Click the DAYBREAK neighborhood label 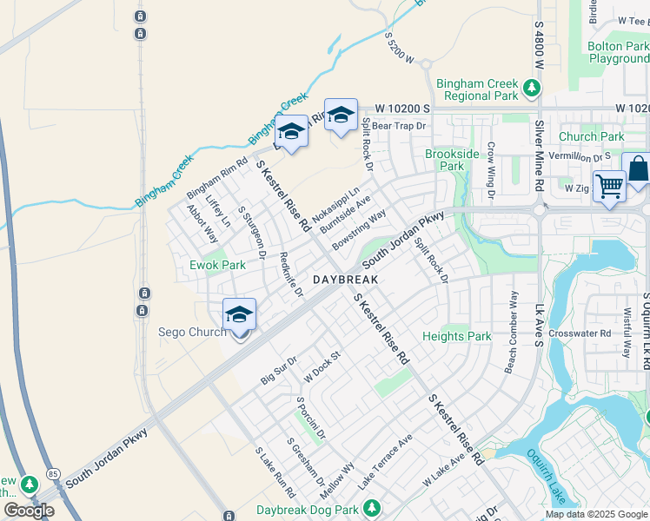[x=345, y=280]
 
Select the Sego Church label [x=192, y=332]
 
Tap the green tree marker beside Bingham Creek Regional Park [x=531, y=87]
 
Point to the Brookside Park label [x=452, y=160]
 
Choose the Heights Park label [x=456, y=336]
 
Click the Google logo [x=29, y=511]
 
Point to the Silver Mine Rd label [x=540, y=156]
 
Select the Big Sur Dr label [x=279, y=370]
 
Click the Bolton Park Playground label [x=618, y=52]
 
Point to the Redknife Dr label [x=292, y=274]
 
